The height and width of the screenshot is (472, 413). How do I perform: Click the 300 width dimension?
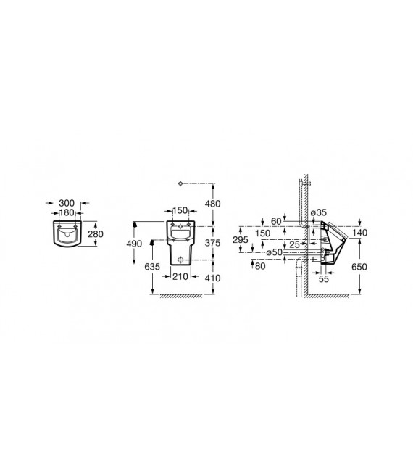[x=67, y=203]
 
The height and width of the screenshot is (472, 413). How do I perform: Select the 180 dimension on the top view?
[x=67, y=213]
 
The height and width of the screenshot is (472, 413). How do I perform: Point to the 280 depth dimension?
[x=96, y=234]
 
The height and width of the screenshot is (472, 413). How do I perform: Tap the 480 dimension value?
[x=213, y=204]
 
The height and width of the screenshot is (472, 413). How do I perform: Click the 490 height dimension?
[x=134, y=244]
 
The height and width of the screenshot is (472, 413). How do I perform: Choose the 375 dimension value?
[x=213, y=243]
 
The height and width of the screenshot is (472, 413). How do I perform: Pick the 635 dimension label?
[x=152, y=267]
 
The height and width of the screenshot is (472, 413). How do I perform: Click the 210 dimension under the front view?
[x=180, y=276]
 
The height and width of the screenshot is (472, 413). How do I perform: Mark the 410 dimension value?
[x=213, y=278]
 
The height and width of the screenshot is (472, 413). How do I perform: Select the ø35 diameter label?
[x=318, y=212]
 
